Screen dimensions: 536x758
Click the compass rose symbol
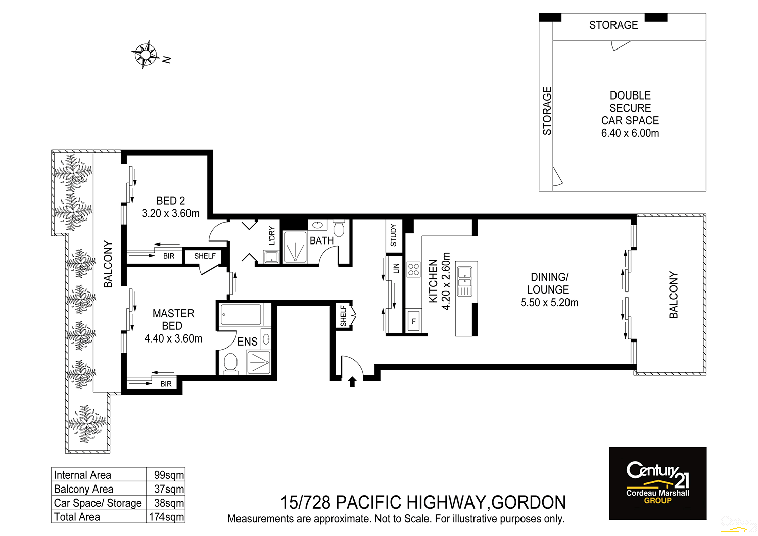[146, 54]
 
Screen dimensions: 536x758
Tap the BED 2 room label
[170, 201]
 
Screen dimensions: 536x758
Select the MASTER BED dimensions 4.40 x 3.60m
[173, 339]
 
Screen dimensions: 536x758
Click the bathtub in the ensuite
[241, 315]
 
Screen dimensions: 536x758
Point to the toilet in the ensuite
[230, 363]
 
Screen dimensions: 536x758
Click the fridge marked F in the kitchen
[413, 321]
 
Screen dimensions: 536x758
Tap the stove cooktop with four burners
[413, 269]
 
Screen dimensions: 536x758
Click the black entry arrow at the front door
[352, 382]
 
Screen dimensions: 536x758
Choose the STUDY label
[394, 235]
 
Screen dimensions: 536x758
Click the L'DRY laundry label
[272, 235]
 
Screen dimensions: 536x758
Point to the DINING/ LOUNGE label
[549, 283]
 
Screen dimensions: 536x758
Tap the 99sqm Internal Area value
[169, 475]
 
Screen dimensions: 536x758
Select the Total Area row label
[77, 517]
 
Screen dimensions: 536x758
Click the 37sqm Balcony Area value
[169, 489]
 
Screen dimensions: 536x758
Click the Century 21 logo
[657, 483]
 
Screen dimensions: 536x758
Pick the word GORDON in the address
[528, 503]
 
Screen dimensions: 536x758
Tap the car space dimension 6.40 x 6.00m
[630, 133]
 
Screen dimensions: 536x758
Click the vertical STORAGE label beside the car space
[547, 111]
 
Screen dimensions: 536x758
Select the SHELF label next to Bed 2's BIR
[205, 256]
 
